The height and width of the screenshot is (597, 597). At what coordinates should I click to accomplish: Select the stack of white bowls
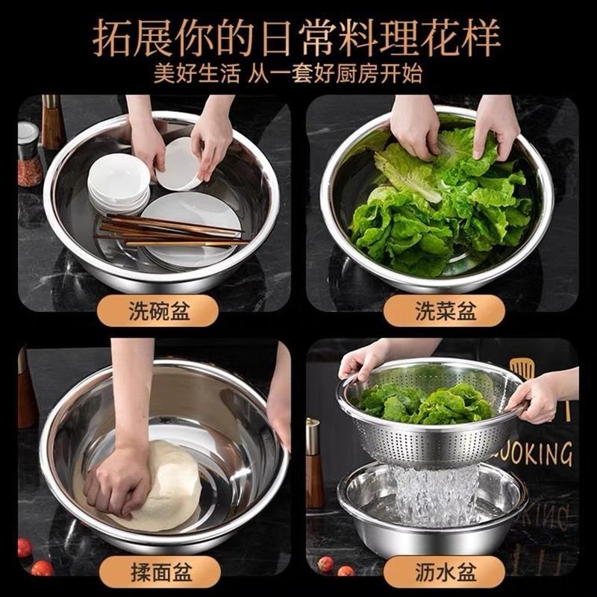pos(118,183)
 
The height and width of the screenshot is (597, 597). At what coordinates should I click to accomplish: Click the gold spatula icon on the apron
pos(524,373)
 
